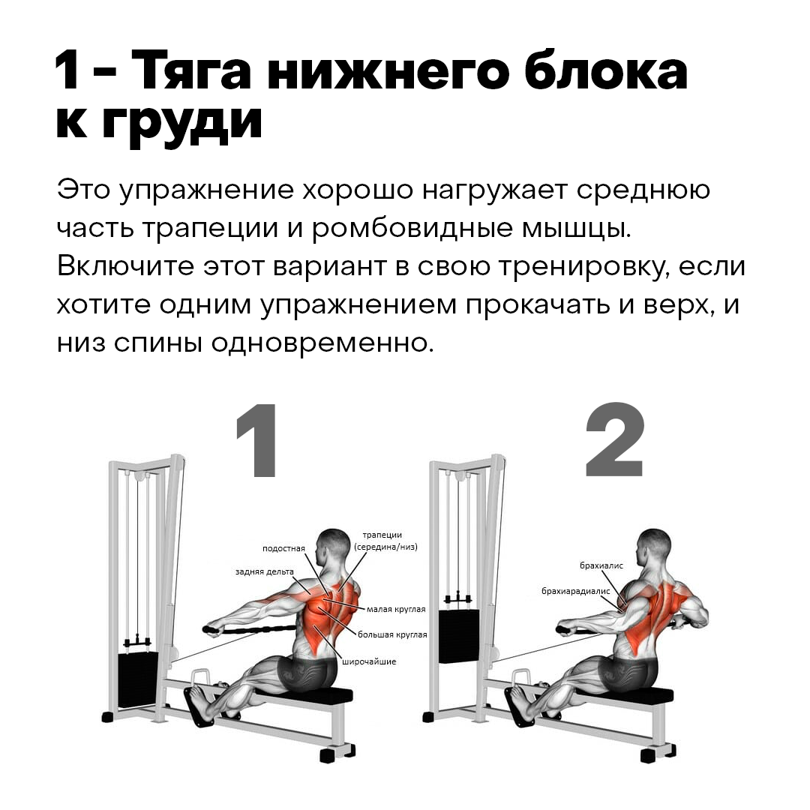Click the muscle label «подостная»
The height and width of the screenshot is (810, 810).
click(283, 548)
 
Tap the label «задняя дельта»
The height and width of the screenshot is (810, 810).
click(264, 571)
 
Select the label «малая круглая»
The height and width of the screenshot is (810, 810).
click(395, 609)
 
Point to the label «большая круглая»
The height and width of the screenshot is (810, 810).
click(392, 634)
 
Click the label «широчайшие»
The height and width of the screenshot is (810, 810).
click(369, 661)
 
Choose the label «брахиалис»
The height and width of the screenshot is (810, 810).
click(601, 565)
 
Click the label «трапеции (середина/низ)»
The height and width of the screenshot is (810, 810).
click(385, 541)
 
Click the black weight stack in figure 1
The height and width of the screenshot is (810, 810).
click(138, 679)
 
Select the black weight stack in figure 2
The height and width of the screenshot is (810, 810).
click(458, 636)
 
